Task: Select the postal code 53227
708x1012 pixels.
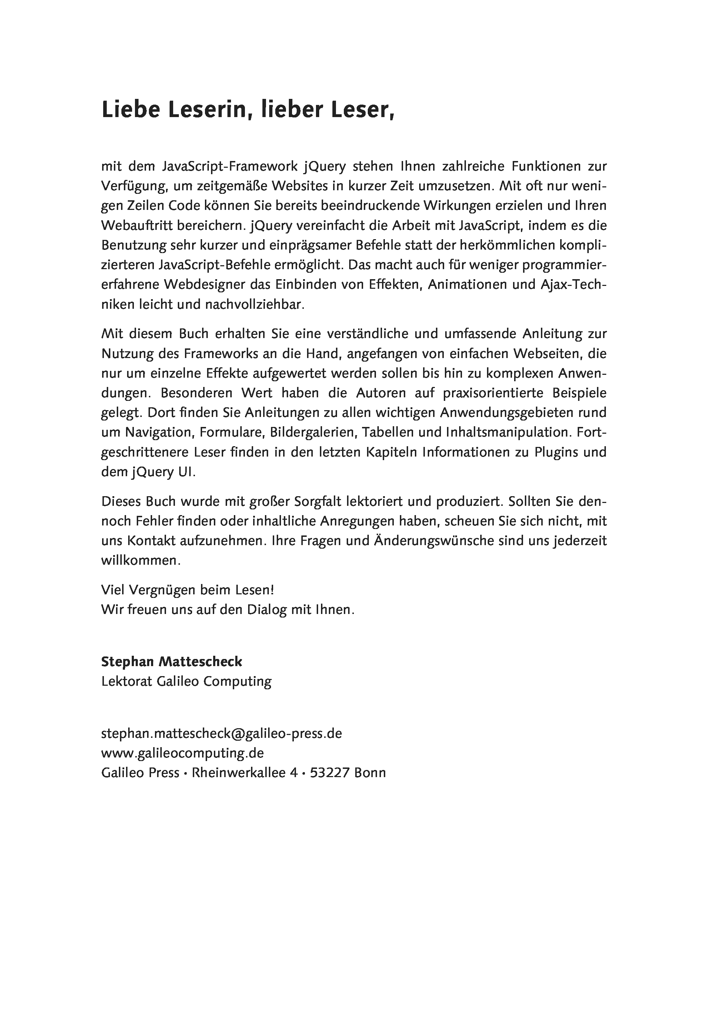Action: [x=330, y=773]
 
